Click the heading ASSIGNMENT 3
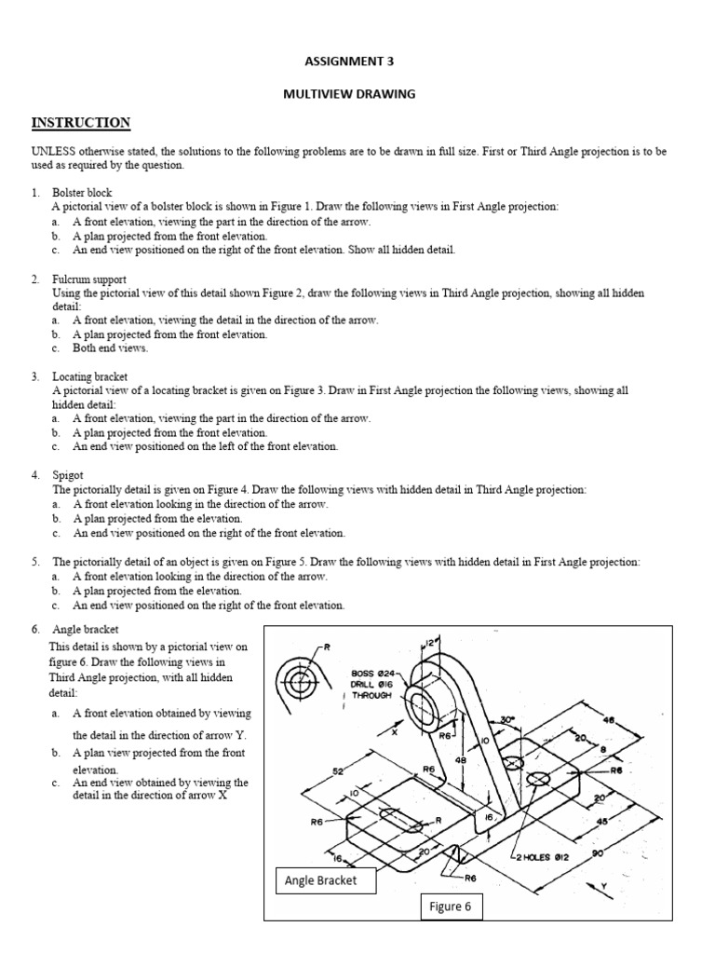tap(344, 62)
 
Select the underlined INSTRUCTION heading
tap(81, 123)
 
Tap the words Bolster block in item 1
tap(82, 193)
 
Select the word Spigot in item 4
tap(68, 474)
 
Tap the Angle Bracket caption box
tap(321, 880)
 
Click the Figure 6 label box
tap(450, 906)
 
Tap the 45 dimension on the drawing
tap(627, 822)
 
